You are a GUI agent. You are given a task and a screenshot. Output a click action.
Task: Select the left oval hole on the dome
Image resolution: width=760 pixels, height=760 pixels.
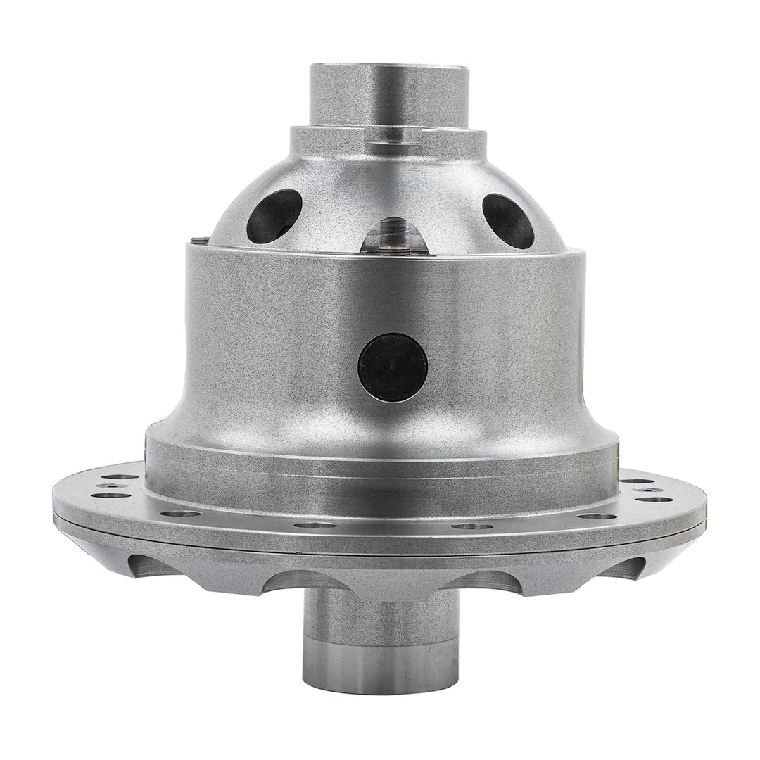[274, 216]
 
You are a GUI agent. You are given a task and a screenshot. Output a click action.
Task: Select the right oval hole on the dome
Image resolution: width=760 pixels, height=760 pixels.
[508, 220]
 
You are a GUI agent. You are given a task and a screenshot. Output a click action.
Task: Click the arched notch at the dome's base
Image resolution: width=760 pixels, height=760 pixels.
[393, 236]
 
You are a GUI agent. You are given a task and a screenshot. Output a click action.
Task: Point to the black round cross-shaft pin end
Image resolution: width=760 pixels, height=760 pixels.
[393, 367]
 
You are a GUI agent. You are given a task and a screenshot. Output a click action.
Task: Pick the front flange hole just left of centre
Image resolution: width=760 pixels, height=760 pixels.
[315, 525]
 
